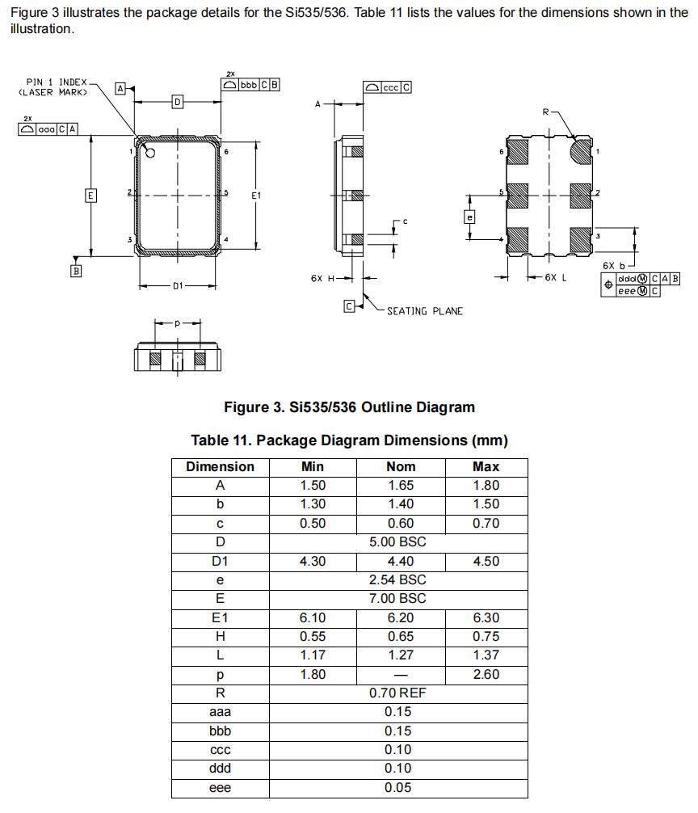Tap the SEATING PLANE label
pyautogui.click(x=424, y=311)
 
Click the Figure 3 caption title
pyautogui.click(x=349, y=407)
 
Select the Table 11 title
pyautogui.click(x=349, y=440)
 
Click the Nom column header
pyautogui.click(x=401, y=466)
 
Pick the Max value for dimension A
pyautogui.click(x=486, y=486)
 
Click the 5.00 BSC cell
pyautogui.click(x=397, y=542)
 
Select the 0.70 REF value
pyautogui.click(x=397, y=693)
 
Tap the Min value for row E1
pyautogui.click(x=312, y=617)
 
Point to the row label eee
pyautogui.click(x=220, y=788)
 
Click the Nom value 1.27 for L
pyautogui.click(x=401, y=655)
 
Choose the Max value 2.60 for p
pyautogui.click(x=486, y=674)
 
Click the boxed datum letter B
pyautogui.click(x=76, y=272)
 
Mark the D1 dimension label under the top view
pyautogui.click(x=178, y=285)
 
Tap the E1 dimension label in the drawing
pyautogui.click(x=256, y=196)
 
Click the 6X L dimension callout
pyautogui.click(x=555, y=277)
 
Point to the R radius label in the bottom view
pyautogui.click(x=546, y=112)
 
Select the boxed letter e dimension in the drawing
pyautogui.click(x=469, y=217)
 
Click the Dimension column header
pyautogui.click(x=220, y=466)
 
